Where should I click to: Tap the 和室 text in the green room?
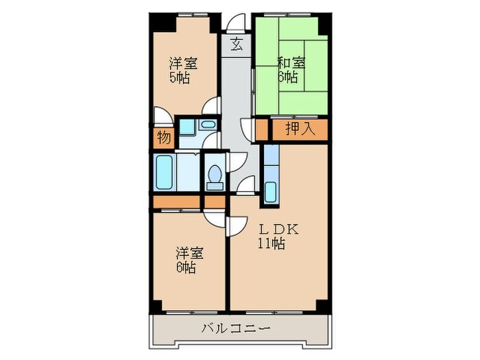290,63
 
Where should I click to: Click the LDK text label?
277,230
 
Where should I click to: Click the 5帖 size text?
180,77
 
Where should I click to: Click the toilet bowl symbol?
215,176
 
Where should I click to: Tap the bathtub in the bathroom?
165,173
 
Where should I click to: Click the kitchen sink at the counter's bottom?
270,191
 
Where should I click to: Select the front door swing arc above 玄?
237,22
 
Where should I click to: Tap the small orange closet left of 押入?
261,129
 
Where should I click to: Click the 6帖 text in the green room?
287,77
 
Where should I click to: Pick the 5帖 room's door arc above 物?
163,117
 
